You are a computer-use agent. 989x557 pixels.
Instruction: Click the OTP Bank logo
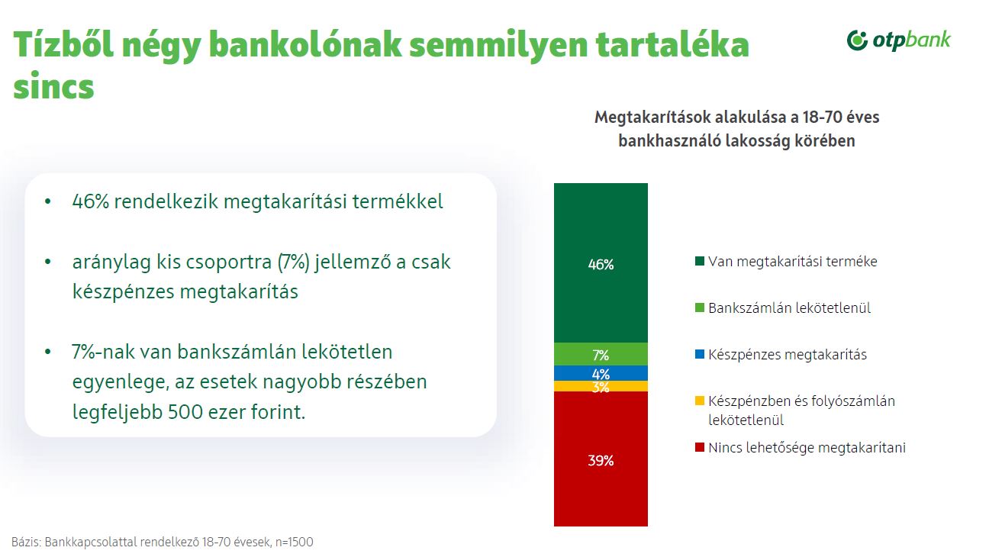click(x=899, y=40)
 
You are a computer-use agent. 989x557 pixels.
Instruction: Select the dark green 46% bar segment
click(x=601, y=263)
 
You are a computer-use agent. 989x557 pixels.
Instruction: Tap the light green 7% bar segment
click(x=601, y=354)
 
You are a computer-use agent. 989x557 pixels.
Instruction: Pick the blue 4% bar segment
click(x=601, y=373)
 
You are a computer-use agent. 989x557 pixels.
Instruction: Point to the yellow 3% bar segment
click(x=601, y=386)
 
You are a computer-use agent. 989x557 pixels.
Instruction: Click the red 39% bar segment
click(x=601, y=459)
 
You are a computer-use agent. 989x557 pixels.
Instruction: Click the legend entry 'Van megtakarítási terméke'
click(x=792, y=262)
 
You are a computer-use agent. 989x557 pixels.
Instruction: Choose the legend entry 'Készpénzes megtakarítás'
click(x=787, y=355)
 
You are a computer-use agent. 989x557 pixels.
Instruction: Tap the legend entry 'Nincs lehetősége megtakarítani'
click(x=807, y=448)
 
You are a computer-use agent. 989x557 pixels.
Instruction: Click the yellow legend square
click(x=698, y=401)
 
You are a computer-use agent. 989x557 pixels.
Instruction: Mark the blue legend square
click(x=698, y=355)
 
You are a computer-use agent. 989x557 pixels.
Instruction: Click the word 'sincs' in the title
click(x=53, y=86)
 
